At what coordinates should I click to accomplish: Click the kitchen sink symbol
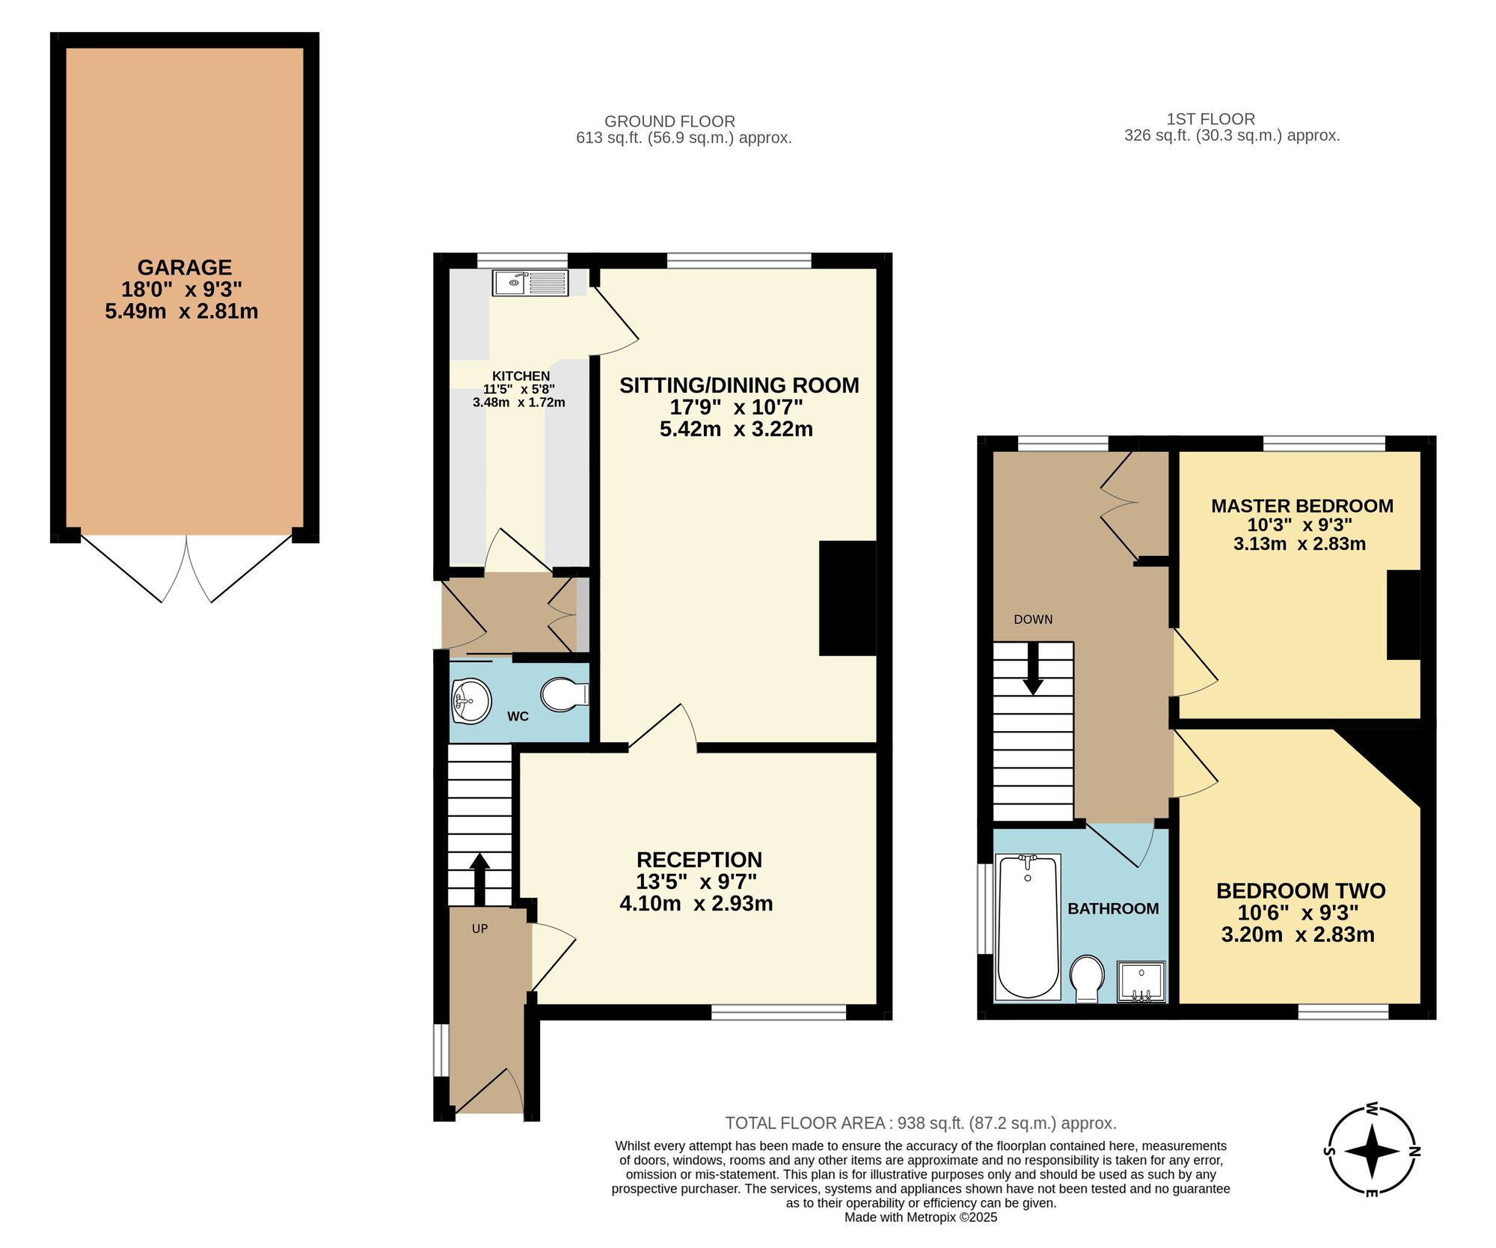pyautogui.click(x=530, y=282)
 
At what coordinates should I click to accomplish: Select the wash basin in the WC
pyautogui.click(x=470, y=701)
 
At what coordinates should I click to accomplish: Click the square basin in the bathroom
pyautogui.click(x=1141, y=981)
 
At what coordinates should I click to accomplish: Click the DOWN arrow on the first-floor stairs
pyautogui.click(x=1033, y=669)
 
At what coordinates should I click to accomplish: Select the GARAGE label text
pyautogui.click(x=184, y=267)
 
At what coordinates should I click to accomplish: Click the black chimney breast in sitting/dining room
pyautogui.click(x=847, y=598)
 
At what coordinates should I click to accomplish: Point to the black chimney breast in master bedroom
pyautogui.click(x=1403, y=614)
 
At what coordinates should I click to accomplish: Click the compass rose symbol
pyautogui.click(x=1372, y=1151)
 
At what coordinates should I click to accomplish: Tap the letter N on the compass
pyautogui.click(x=1414, y=1151)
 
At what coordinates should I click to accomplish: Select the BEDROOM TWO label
pyautogui.click(x=1300, y=890)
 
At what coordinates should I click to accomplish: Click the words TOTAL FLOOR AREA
pyautogui.click(x=805, y=1122)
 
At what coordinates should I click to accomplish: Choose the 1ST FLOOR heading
pyautogui.click(x=1210, y=119)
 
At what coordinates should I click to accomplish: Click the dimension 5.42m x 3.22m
pyautogui.click(x=736, y=429)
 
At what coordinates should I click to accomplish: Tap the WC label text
pyautogui.click(x=518, y=717)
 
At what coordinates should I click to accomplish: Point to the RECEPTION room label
pyautogui.click(x=699, y=860)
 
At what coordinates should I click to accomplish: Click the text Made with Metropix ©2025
pyautogui.click(x=921, y=1217)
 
